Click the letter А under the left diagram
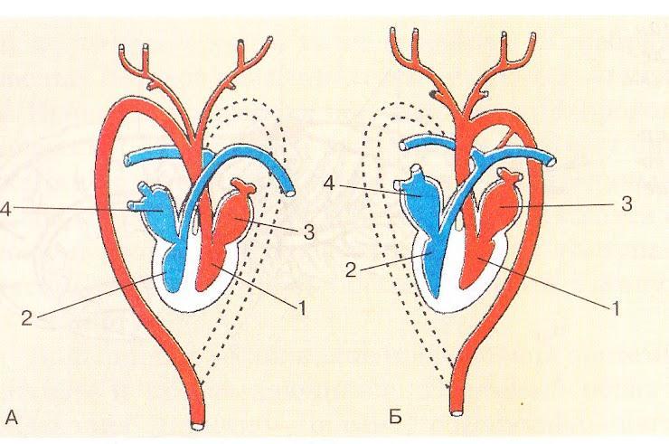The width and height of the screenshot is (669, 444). pyautogui.click(x=11, y=417)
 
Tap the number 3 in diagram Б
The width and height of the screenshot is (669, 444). pyautogui.click(x=624, y=204)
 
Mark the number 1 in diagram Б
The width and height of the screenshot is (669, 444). pyautogui.click(x=617, y=307)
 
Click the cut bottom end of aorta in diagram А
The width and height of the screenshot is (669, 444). pyautogui.click(x=197, y=422)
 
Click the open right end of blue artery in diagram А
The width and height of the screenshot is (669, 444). pyautogui.click(x=290, y=192)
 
